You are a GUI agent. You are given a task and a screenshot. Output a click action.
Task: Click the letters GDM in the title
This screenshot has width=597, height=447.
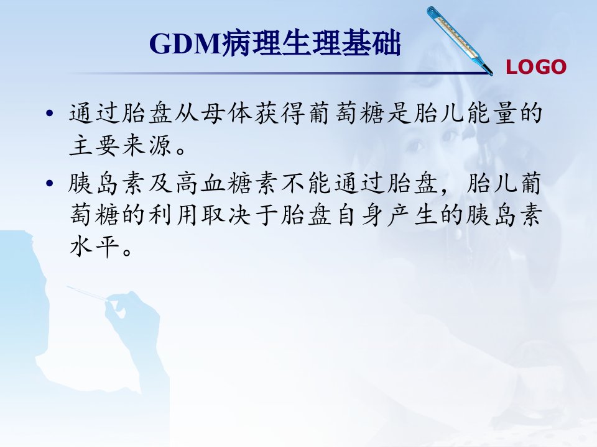pos(186,43)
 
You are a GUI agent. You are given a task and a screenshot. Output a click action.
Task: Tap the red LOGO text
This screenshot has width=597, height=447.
pos(536,67)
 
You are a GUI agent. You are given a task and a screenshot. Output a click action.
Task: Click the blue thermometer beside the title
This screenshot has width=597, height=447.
pos(460,40)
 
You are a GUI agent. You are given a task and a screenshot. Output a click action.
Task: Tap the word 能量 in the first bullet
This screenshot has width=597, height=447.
pos(491,113)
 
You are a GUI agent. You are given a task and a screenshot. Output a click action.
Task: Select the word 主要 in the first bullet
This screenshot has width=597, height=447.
pos(94,145)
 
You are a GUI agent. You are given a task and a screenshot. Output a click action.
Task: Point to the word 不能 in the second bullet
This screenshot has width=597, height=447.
pos(306,184)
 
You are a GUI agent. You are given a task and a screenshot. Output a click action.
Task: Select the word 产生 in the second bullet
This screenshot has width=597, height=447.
pos(412,215)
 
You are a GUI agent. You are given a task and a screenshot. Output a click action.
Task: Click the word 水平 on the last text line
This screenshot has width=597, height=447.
pos(94,247)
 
